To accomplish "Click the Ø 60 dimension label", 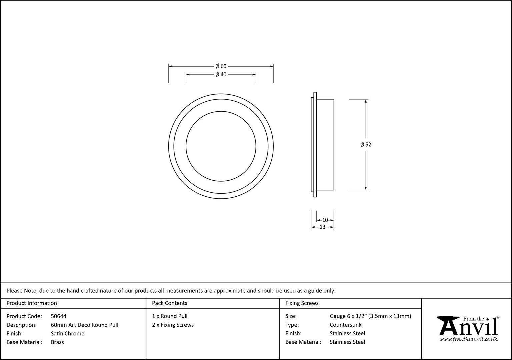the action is click(221, 66).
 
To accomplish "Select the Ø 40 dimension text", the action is click(221, 75).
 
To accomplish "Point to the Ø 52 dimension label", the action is click(366, 145).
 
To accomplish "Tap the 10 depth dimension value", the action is click(325, 220).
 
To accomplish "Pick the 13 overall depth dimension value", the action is click(322, 227).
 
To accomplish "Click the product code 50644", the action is click(59, 316).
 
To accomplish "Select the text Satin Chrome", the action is click(67, 333).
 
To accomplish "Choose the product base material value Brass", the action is click(57, 342).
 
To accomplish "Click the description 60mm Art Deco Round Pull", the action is click(85, 325).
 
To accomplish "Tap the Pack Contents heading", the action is click(170, 303).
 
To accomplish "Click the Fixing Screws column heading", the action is click(302, 303).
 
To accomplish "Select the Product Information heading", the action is click(32, 303).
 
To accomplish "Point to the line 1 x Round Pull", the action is click(170, 316).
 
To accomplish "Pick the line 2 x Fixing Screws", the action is click(173, 325).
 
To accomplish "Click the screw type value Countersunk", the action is click(346, 325).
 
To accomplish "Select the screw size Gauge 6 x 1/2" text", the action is click(348, 316).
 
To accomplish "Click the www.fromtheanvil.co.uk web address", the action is click(468, 339).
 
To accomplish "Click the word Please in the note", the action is click(15, 291).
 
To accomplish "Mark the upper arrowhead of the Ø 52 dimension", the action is click(366, 101).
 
